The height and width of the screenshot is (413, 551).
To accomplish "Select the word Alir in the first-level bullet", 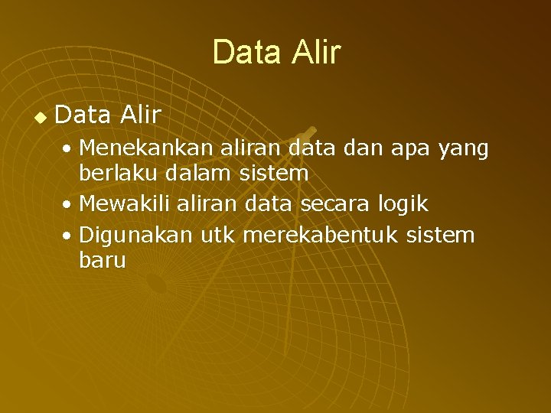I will [x=140, y=115].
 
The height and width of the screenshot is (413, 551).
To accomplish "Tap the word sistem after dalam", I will [x=273, y=173].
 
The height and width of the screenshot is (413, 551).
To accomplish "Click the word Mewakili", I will [x=125, y=203].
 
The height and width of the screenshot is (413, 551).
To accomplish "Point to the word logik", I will [x=402, y=203].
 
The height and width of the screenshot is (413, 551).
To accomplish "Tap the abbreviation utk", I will [x=217, y=234].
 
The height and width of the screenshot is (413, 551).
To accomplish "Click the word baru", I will [x=102, y=260].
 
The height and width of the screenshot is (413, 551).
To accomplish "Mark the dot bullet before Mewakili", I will [x=69, y=205].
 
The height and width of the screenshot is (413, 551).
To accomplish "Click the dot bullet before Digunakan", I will [x=69, y=236].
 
